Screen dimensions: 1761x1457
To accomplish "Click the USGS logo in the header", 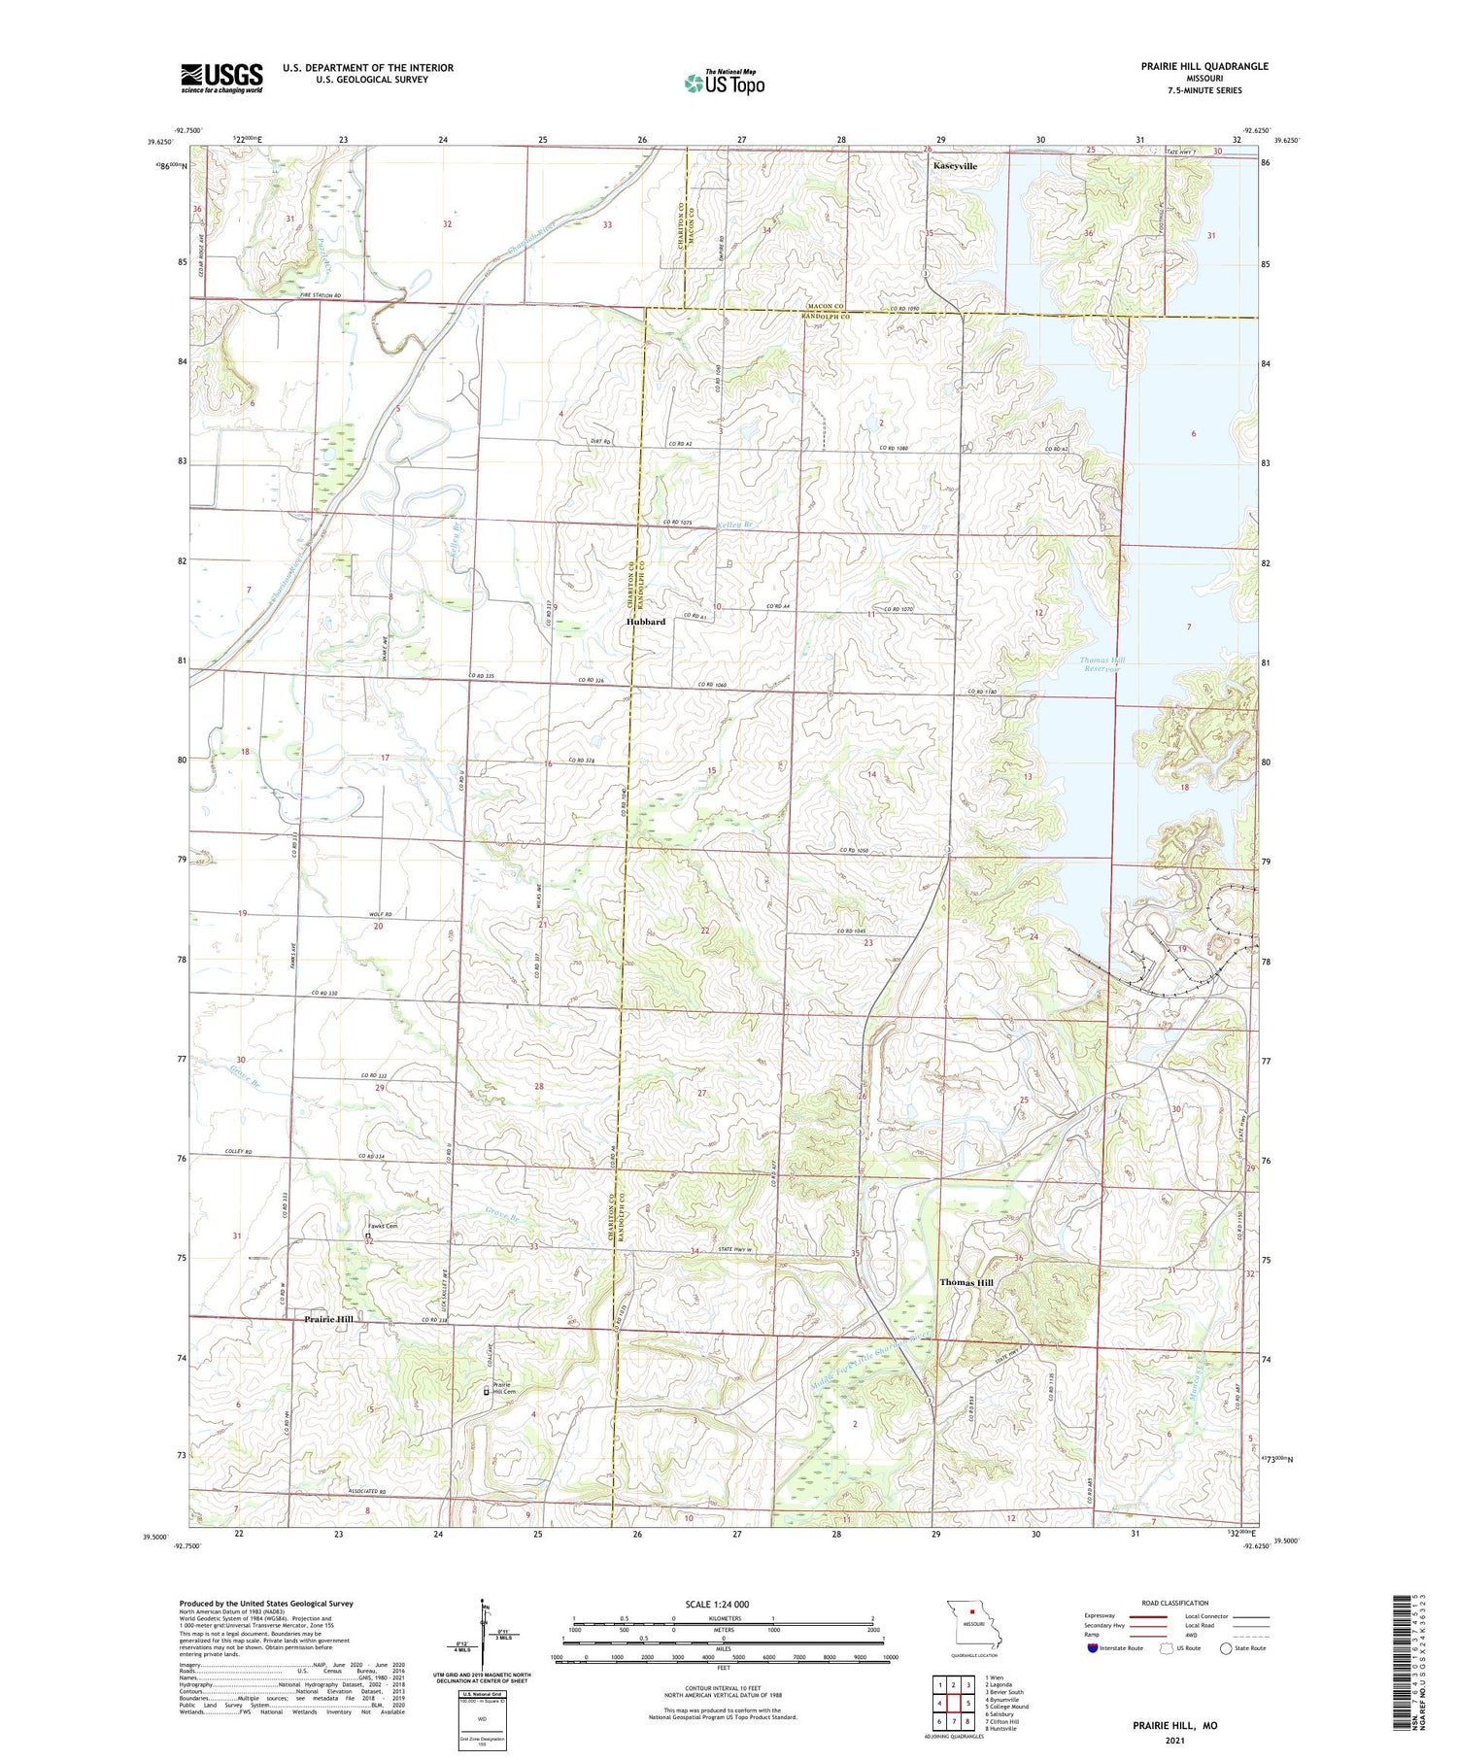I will point(221,78).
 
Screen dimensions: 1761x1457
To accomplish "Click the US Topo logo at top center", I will point(724,84).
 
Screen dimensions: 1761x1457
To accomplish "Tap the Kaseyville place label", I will point(955,166).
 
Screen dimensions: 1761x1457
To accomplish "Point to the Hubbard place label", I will point(646,622).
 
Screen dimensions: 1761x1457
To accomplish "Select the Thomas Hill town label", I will point(966,1282).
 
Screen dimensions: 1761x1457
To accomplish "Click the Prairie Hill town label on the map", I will point(328,1319).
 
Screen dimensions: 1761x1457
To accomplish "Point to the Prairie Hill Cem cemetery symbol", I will point(488,1391).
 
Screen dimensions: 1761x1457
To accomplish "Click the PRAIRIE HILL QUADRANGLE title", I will point(1204,66).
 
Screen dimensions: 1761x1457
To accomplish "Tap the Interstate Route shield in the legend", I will point(1092,1647).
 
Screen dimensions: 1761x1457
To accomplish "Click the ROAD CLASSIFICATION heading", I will point(1175,1603).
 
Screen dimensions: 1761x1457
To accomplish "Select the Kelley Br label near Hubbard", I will point(734,525).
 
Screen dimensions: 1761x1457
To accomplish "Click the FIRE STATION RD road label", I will point(321,295).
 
